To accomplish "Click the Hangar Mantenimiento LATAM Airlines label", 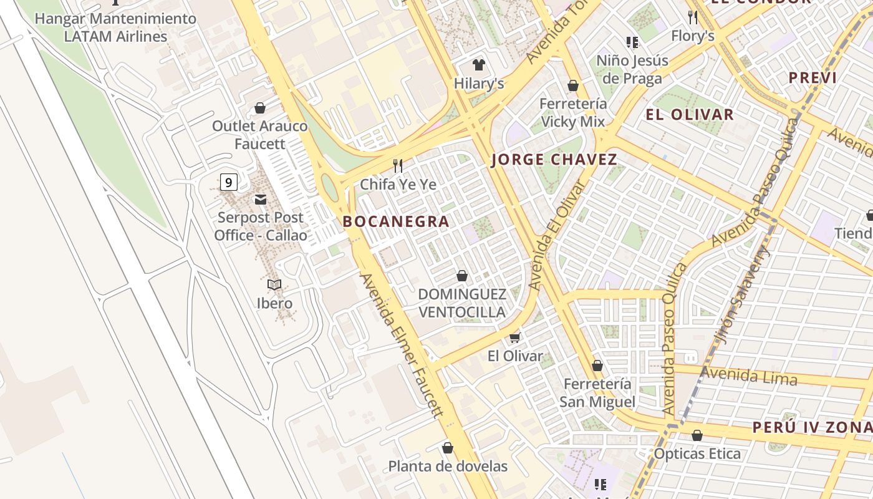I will (115, 27).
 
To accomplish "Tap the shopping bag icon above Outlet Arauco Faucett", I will (260, 108).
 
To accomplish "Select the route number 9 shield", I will (229, 182).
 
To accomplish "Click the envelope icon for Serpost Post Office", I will (260, 200).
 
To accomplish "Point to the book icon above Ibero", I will (274, 284).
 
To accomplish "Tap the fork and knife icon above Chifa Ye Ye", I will (398, 165).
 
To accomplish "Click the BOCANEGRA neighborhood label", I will (396, 221).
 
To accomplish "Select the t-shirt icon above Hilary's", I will (478, 64).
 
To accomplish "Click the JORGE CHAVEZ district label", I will (554, 160).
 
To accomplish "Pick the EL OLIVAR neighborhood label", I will (690, 115).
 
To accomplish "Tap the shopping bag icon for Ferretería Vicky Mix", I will (572, 85).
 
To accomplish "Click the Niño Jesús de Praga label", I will (632, 69).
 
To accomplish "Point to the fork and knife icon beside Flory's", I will (692, 16).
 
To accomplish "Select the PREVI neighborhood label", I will (813, 78).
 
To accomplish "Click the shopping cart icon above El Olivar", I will (515, 337).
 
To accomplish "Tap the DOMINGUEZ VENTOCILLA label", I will (461, 303).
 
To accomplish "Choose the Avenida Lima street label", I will (748, 376).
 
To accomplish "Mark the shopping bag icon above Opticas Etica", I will (697, 435).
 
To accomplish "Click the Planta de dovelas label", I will (448, 466).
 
